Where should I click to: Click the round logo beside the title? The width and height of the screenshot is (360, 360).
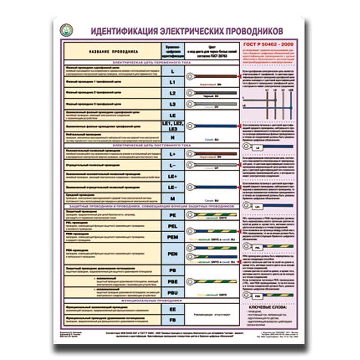(67, 31)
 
